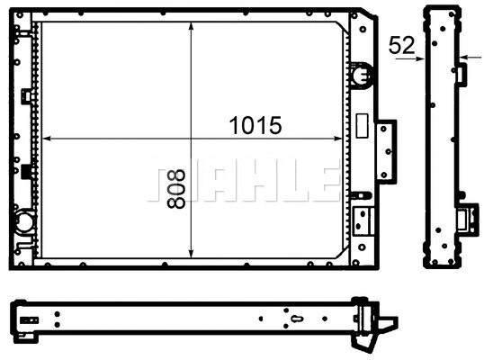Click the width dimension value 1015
[x=255, y=126]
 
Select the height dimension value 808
[x=176, y=186]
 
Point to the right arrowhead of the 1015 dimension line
[x=340, y=139]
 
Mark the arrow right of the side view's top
[x=463, y=59]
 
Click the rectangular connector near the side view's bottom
[x=468, y=218]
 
